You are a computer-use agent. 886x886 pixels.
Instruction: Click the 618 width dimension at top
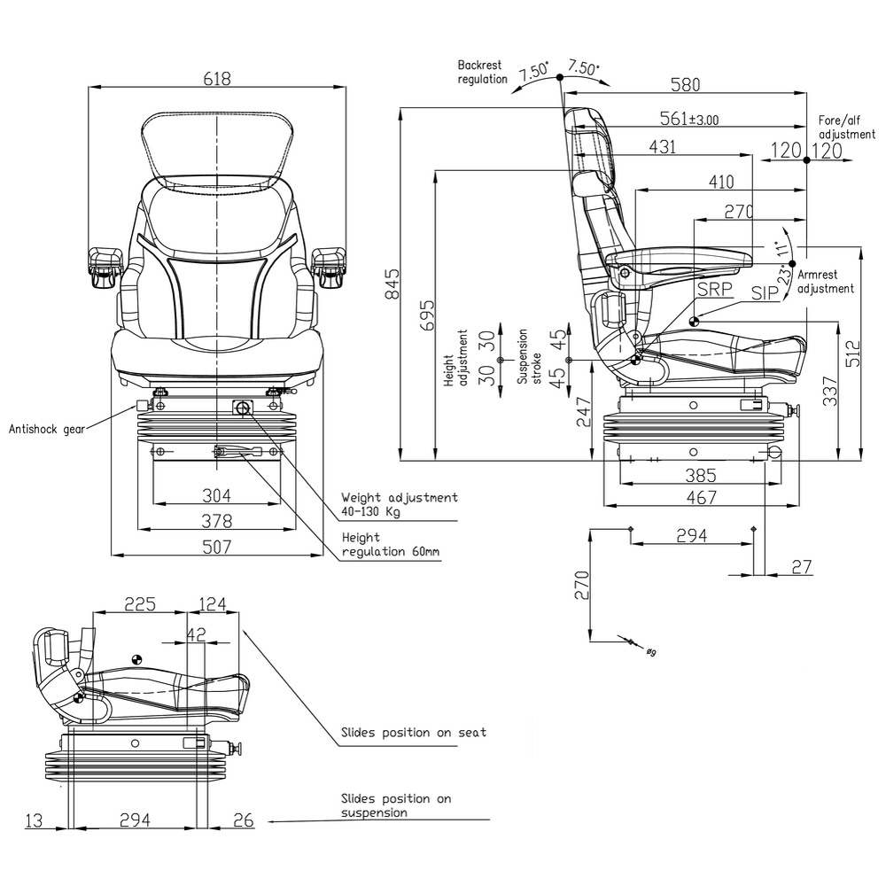(x=217, y=79)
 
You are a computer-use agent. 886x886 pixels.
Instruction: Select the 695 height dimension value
(x=428, y=315)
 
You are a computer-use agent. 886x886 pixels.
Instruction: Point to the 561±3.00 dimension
(x=689, y=119)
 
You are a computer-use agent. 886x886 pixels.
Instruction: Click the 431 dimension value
(x=662, y=147)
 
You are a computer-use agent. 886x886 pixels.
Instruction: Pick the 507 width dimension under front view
(x=217, y=547)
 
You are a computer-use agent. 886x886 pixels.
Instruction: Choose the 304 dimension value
(x=217, y=494)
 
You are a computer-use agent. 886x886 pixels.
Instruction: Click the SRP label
(x=715, y=290)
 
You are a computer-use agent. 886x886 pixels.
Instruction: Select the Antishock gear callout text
(x=46, y=429)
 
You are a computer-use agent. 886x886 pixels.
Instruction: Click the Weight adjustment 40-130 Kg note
(x=400, y=504)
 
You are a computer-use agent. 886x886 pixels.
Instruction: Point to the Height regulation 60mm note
(x=390, y=545)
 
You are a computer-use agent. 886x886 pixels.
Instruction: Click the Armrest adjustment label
(x=826, y=282)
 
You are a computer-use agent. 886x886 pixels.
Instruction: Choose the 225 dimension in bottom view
(x=140, y=604)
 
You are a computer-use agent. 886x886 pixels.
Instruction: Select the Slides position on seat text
(x=414, y=733)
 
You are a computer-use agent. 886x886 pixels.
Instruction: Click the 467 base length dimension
(x=702, y=499)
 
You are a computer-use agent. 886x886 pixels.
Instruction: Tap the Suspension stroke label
(x=524, y=356)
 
